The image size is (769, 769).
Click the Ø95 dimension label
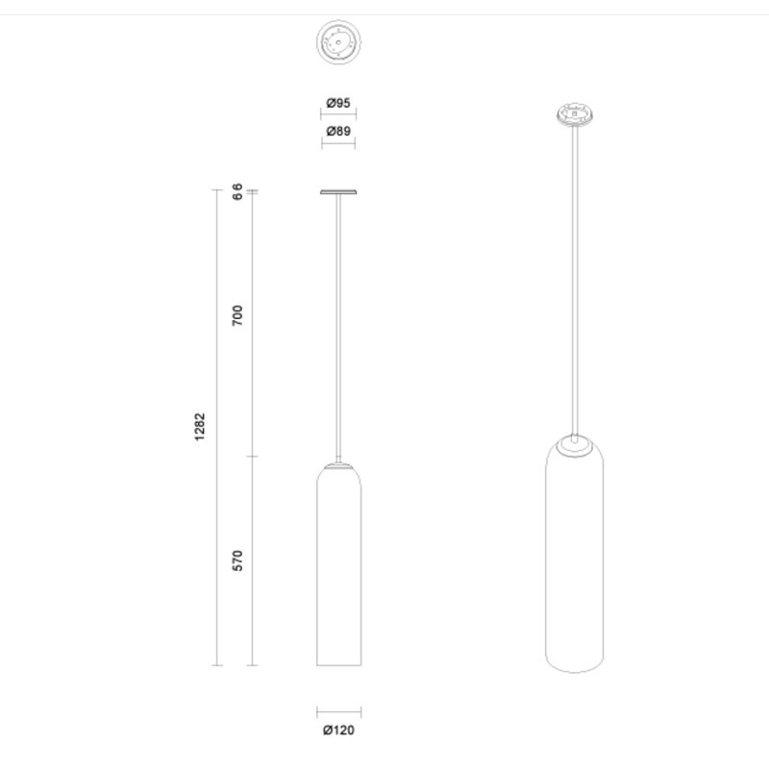(x=338, y=103)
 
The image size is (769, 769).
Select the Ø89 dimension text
(x=338, y=131)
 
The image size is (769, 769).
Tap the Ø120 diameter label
(x=338, y=731)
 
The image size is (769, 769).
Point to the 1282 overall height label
(x=200, y=427)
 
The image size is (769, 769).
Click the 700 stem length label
(x=237, y=315)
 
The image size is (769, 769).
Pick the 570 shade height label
(x=237, y=560)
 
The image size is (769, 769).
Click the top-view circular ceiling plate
(x=338, y=42)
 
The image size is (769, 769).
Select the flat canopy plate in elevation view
(x=338, y=192)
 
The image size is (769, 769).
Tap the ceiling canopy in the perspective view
(x=575, y=114)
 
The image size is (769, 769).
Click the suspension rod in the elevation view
(x=338, y=329)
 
